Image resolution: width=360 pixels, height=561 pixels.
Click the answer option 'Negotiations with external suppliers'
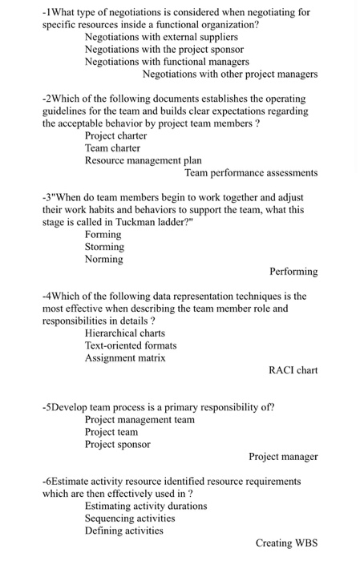(x=161, y=37)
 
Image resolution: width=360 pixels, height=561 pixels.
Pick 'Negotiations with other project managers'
(x=230, y=74)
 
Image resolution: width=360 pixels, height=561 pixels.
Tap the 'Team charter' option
(x=113, y=147)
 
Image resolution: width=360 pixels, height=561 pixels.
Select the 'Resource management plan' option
(x=143, y=160)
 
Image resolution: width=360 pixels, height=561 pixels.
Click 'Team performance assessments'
(x=251, y=172)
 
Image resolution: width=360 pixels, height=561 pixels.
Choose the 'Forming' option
(x=103, y=234)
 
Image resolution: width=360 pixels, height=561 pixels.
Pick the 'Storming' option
(x=104, y=247)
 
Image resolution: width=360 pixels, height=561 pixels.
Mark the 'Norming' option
(x=104, y=259)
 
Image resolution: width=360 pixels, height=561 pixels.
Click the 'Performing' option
(x=293, y=272)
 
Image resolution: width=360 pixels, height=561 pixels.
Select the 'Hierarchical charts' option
(x=125, y=333)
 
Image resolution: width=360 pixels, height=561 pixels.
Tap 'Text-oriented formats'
(x=131, y=345)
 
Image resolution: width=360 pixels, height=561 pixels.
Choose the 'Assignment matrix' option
(x=125, y=357)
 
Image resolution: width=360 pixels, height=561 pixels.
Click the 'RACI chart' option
(x=293, y=370)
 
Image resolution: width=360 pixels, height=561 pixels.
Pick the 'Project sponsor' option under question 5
(x=118, y=444)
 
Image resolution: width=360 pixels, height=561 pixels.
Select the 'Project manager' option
(x=283, y=457)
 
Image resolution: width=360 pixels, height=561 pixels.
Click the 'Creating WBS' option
(x=287, y=543)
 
